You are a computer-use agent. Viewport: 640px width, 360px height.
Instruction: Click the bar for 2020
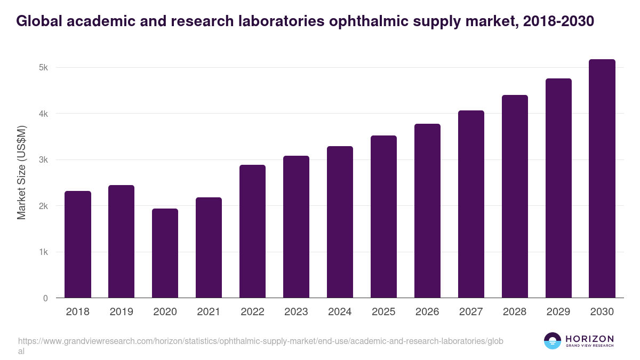click(165, 253)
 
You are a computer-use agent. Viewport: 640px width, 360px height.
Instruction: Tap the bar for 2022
click(252, 231)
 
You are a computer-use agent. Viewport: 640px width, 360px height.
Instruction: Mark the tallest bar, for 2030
click(602, 179)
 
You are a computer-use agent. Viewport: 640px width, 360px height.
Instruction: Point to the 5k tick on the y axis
click(43, 68)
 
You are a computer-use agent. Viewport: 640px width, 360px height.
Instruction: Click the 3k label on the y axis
click(43, 160)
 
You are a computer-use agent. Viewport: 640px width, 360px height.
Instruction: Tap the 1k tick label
click(43, 252)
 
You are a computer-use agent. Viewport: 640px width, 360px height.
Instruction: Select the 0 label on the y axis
click(45, 298)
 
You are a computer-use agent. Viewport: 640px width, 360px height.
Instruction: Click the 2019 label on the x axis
click(121, 312)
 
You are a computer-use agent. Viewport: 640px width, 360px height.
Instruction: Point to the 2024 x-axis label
click(340, 312)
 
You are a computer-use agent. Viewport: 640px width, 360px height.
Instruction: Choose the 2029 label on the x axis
click(558, 312)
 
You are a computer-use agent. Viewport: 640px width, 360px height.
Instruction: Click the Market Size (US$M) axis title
click(22, 172)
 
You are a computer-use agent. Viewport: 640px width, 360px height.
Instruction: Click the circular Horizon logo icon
click(553, 341)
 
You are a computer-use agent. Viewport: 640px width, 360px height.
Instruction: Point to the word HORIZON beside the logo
click(589, 339)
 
